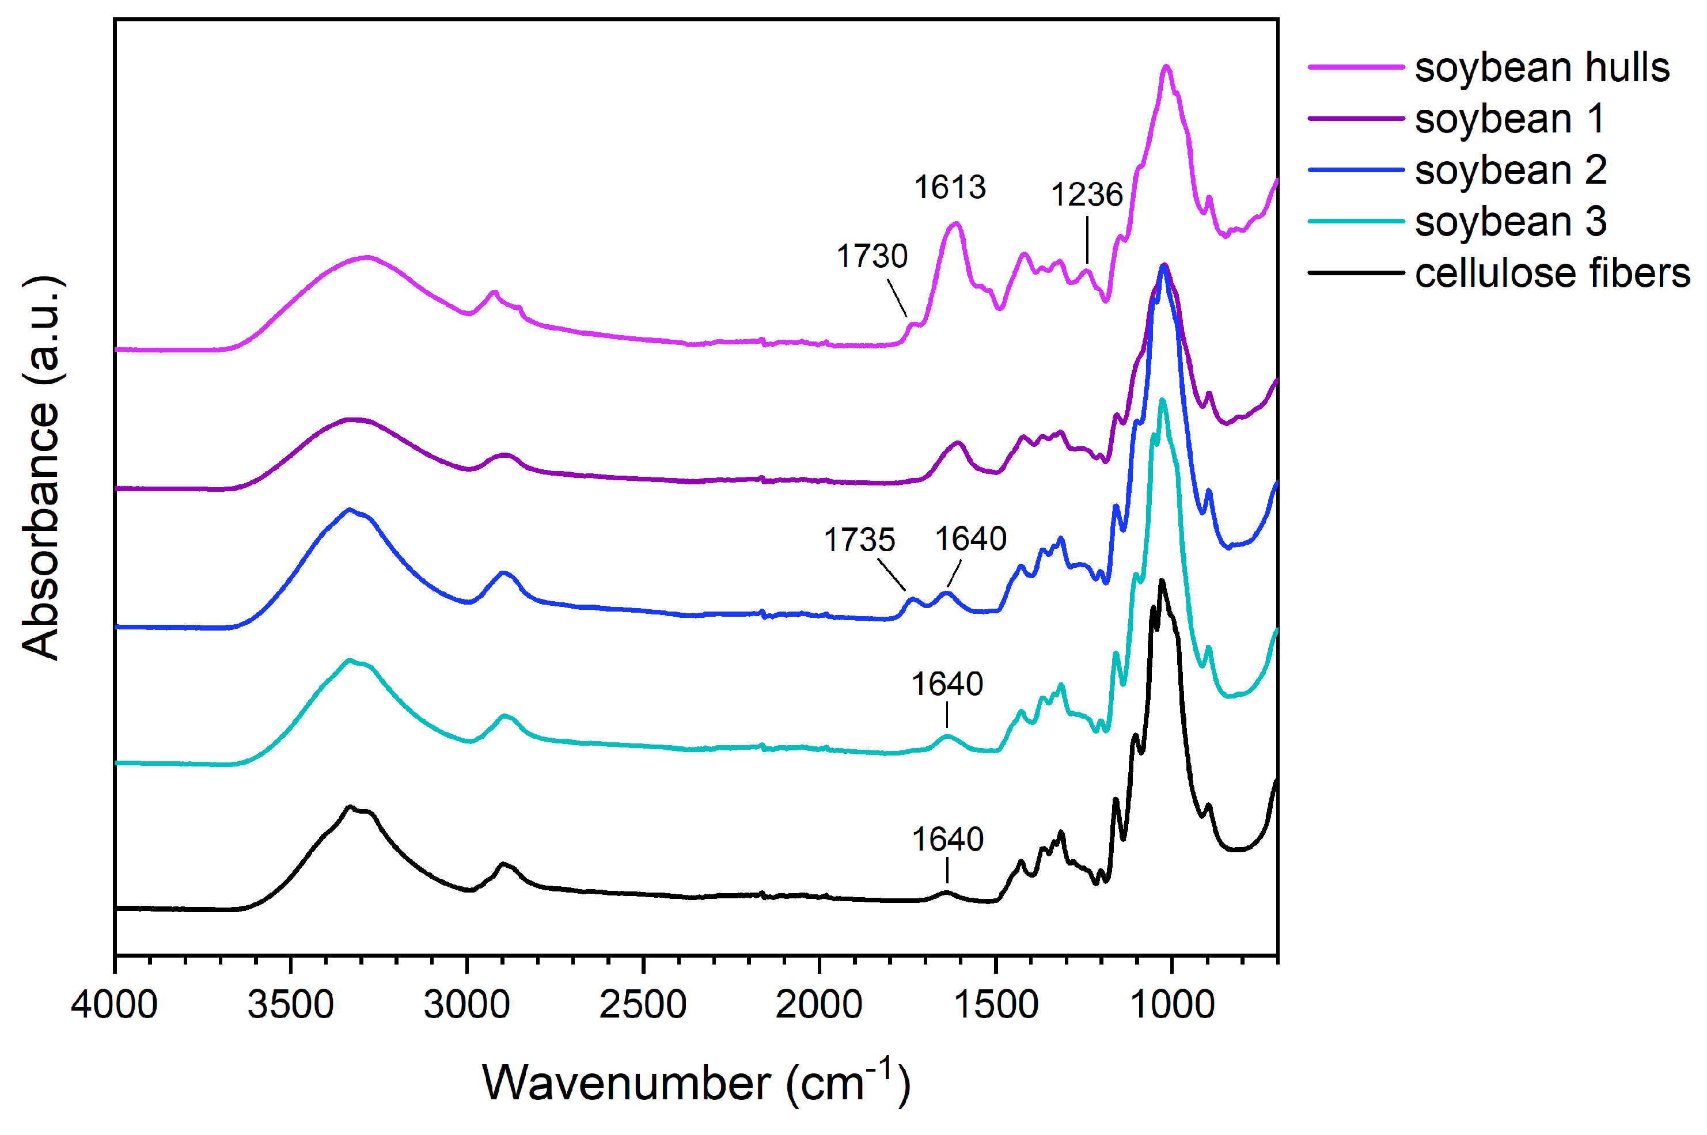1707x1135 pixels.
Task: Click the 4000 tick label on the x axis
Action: [115, 1005]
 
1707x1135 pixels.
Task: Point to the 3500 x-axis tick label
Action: [290, 1005]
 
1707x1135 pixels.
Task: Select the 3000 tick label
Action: [467, 1005]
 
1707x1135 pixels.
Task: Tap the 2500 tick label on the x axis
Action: [643, 1005]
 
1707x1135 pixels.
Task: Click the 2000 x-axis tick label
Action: [819, 1005]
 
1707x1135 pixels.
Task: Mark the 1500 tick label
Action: [995, 1005]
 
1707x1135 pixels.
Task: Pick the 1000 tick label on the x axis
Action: [1171, 1005]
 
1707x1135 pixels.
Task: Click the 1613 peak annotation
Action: [949, 188]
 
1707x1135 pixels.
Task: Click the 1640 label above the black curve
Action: [947, 840]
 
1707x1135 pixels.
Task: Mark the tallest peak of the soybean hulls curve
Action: [1166, 67]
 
